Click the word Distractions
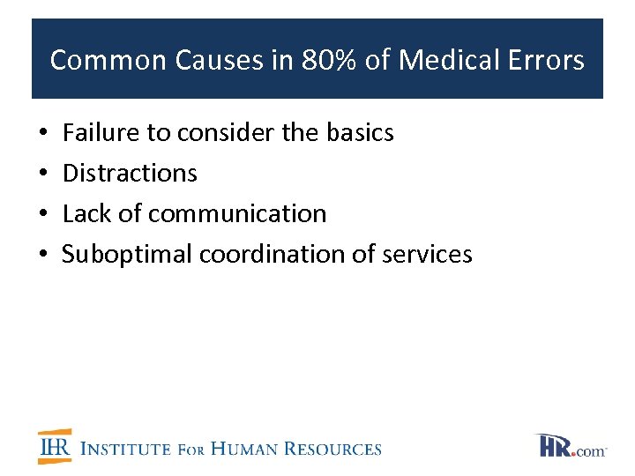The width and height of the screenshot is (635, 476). pyautogui.click(x=131, y=173)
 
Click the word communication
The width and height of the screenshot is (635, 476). pyautogui.click(x=237, y=213)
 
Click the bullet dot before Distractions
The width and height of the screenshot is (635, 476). pyautogui.click(x=43, y=174)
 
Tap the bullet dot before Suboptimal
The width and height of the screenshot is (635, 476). pyautogui.click(x=43, y=255)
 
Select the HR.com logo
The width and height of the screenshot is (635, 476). pyautogui.click(x=571, y=446)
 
